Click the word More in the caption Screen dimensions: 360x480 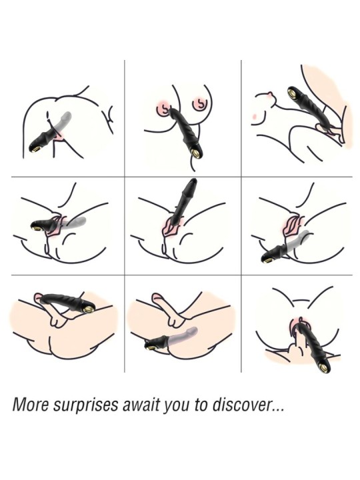(30, 405)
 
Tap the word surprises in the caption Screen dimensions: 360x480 (86, 405)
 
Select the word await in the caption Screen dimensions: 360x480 (141, 405)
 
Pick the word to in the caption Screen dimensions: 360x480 (201, 405)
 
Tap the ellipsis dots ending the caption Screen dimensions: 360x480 (277, 409)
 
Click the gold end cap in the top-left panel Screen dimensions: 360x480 (37, 149)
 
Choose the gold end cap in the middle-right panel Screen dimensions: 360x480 (269, 259)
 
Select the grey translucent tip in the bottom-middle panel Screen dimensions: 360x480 (193, 331)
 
